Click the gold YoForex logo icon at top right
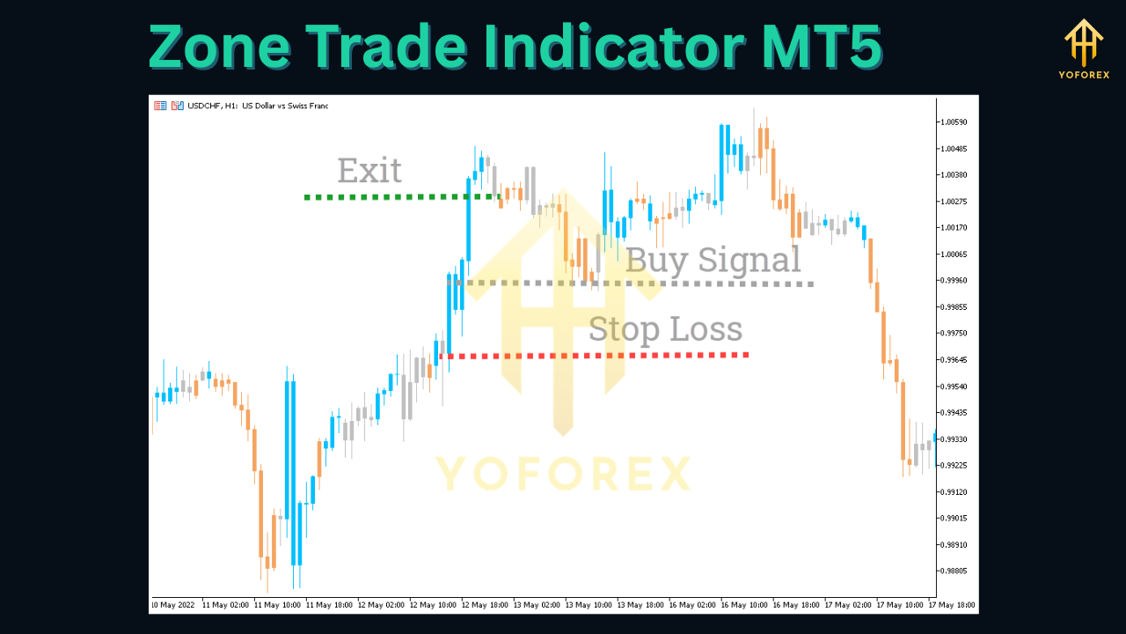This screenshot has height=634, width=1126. coord(1083,41)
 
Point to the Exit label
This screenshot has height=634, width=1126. coord(369,171)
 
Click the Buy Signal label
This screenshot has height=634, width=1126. coord(713,261)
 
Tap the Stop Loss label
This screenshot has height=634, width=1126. coord(665,329)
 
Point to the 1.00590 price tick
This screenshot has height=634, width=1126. coord(954,122)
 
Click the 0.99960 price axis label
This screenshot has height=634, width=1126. coord(954,281)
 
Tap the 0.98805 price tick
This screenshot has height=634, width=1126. coord(954,571)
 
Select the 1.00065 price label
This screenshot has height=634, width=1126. coord(954,254)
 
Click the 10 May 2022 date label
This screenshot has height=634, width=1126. coord(173,606)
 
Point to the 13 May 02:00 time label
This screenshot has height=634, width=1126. coord(537,606)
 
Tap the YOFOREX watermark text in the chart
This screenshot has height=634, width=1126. coord(563,474)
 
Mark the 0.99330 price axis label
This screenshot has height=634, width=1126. coord(954,439)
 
